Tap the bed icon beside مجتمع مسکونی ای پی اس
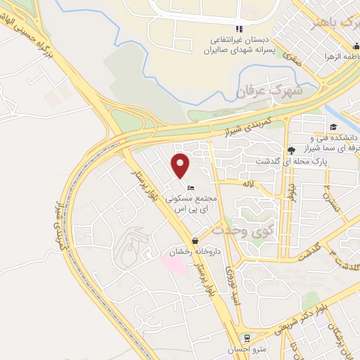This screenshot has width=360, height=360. [191, 187]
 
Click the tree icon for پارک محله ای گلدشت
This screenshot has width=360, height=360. [290, 150]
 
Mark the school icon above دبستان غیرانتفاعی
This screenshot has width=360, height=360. [240, 28]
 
